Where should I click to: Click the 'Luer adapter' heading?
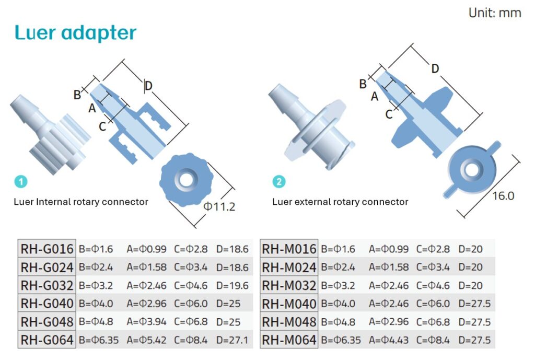coord(76,32)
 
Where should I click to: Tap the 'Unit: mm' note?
coord(494,13)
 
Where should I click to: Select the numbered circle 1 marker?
coord(21,182)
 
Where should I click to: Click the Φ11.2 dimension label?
coord(219,206)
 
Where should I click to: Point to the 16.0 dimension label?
coord(503,196)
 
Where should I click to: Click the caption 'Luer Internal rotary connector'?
coord(81,202)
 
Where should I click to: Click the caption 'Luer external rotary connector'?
coord(340,202)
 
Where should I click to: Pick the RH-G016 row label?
coord(47,249)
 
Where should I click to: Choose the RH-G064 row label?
coord(47,340)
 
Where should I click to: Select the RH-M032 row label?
coord(289,285)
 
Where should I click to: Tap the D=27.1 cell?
coord(232,340)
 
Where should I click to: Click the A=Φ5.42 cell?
coord(147,340)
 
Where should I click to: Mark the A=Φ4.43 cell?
coord(389,340)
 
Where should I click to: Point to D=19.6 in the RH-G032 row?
coord(232,286)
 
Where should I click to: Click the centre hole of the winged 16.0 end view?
coord(472,170)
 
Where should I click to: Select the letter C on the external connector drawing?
coord(389,114)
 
